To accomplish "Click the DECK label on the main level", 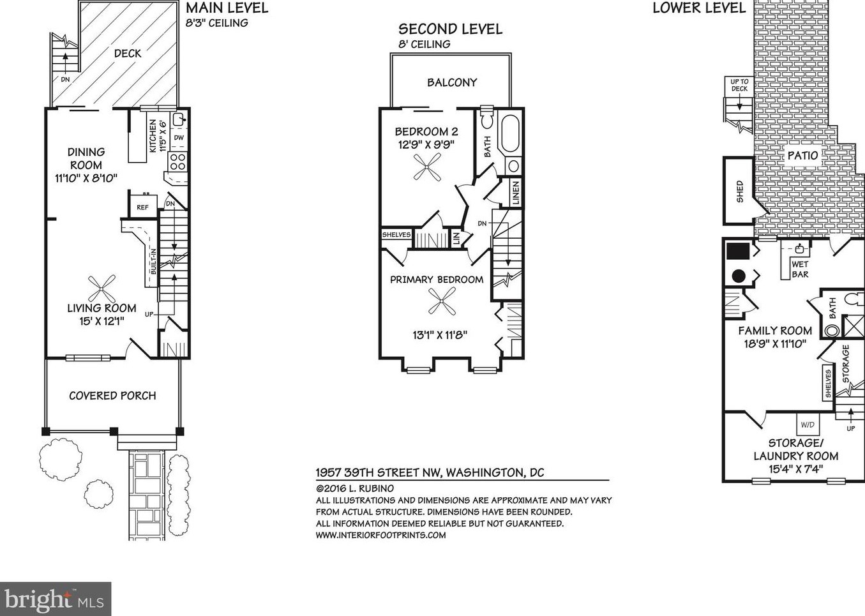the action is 128,53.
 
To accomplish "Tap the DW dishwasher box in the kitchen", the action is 179,137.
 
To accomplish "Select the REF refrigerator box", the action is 143,207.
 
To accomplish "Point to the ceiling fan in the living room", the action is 101,289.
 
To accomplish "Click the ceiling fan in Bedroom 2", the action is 427,167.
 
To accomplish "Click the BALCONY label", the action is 452,82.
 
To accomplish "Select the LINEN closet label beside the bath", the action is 516,193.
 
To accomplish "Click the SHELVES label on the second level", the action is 396,235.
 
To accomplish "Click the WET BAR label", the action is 800,269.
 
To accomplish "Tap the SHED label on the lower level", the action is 739,192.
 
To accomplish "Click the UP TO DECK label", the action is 739,85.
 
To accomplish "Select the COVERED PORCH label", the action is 112,396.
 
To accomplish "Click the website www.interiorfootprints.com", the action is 380,535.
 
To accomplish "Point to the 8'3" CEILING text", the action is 216,23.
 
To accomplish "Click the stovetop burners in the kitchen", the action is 177,162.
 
